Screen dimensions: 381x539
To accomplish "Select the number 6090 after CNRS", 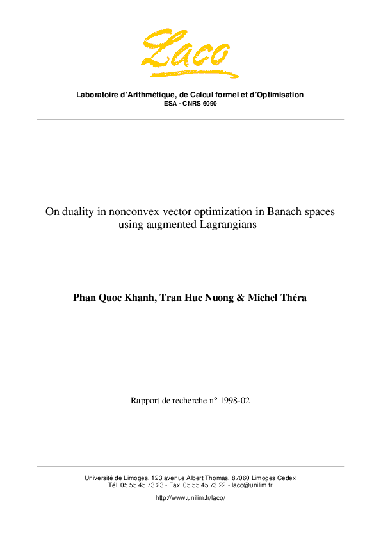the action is pos(209,103).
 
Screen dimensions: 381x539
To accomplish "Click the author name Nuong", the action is pos(213,298).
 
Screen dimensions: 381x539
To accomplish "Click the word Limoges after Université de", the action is pos(135,478).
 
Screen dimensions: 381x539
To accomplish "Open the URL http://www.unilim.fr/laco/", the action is pos(191,497).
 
